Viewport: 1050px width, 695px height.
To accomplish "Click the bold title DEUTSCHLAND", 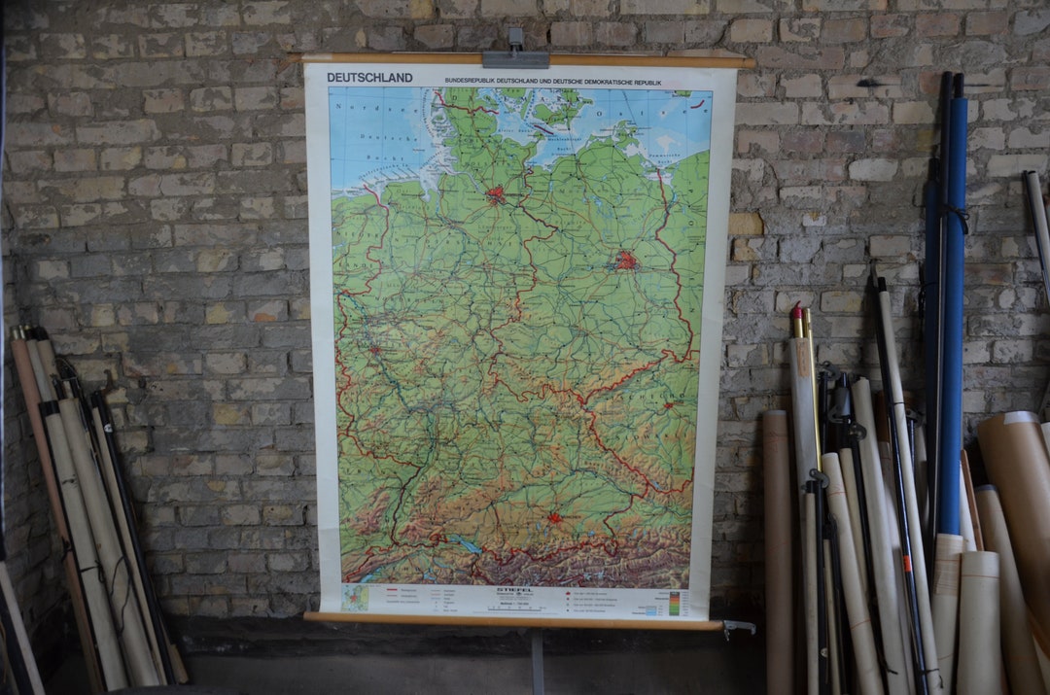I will (369, 78).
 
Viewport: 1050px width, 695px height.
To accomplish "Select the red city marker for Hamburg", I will (495, 194).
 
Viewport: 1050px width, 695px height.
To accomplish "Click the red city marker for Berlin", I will (625, 261).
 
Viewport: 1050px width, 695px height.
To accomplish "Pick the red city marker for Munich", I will (554, 518).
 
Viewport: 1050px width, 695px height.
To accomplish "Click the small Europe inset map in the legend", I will (355, 598).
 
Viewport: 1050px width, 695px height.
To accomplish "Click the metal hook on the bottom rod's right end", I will (739, 627).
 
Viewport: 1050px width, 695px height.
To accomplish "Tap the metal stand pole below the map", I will (537, 661).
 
